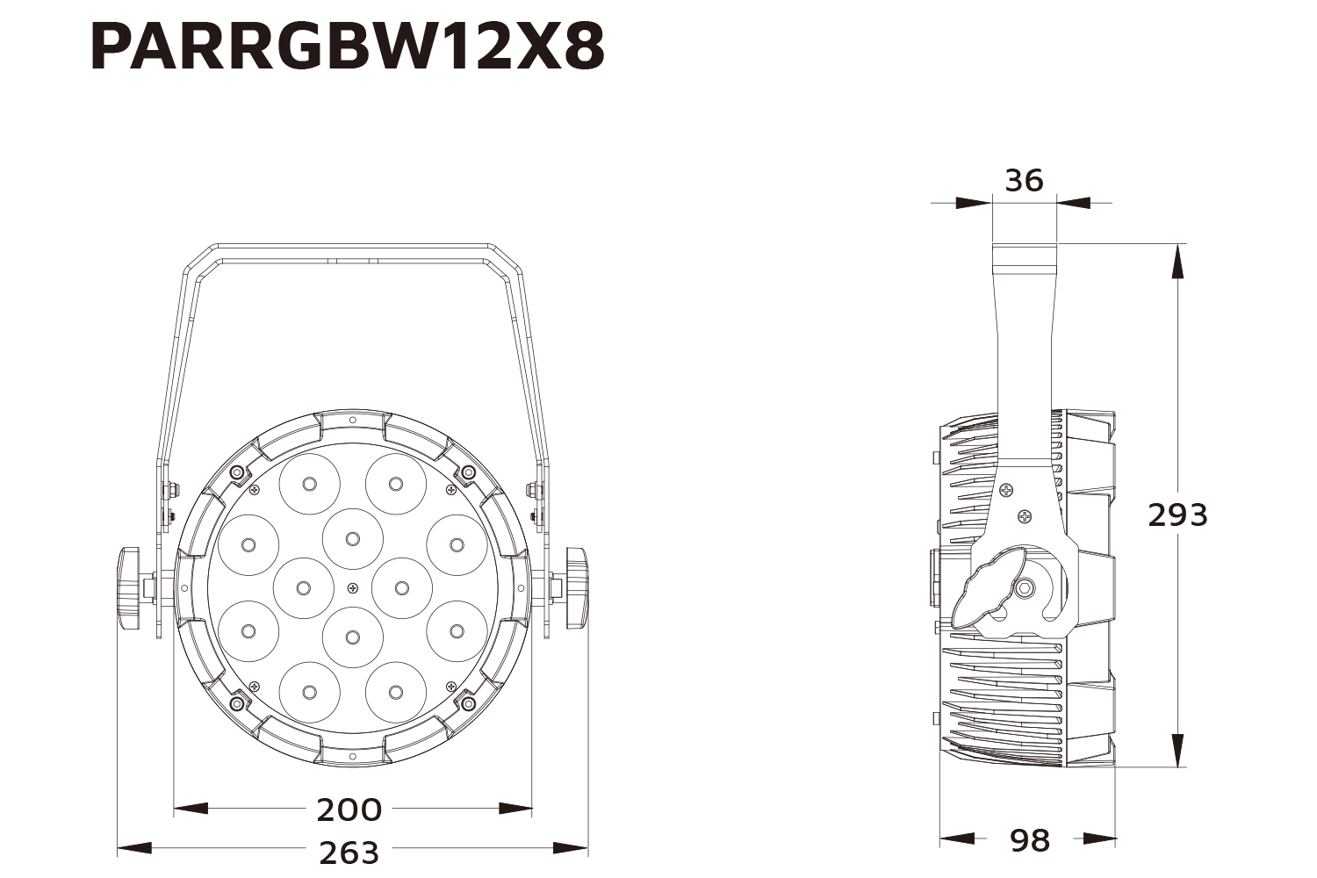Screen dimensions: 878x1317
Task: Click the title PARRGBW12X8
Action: [348, 47]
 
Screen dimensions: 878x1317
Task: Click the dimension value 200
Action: [349, 810]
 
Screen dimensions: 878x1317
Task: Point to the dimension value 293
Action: [1177, 515]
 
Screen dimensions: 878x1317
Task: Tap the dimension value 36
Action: [1024, 181]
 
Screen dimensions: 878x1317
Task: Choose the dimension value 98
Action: [1029, 840]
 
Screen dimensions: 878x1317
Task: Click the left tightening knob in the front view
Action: [129, 587]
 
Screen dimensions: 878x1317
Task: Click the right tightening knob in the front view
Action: [577, 587]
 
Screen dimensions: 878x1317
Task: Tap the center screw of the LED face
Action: [353, 587]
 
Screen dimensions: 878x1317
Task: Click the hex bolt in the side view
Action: [1024, 589]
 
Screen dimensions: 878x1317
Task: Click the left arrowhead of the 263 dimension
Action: [133, 848]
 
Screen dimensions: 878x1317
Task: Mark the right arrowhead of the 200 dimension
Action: [516, 808]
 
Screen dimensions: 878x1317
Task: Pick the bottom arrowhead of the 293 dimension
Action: [1178, 751]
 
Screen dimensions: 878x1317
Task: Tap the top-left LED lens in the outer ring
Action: [309, 484]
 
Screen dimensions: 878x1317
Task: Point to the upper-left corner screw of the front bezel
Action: [235, 473]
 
